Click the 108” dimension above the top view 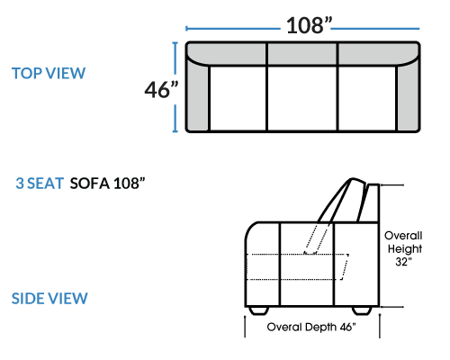tap(310, 25)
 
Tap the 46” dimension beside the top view tap(161, 89)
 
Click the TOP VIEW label tap(49, 74)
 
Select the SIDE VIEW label tap(49, 299)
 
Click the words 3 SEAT tap(40, 184)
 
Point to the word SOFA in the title tap(90, 184)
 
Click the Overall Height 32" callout tap(403, 248)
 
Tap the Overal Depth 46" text tap(311, 327)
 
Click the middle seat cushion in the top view tap(302, 98)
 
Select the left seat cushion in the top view tap(238, 98)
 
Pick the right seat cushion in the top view tap(367, 98)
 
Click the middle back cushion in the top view tap(302, 53)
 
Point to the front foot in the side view tap(259, 310)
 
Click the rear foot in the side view tap(362, 310)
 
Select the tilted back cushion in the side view tap(342, 201)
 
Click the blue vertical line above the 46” tap(175, 58)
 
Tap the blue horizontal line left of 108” tap(233, 29)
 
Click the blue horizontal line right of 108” tap(375, 29)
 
